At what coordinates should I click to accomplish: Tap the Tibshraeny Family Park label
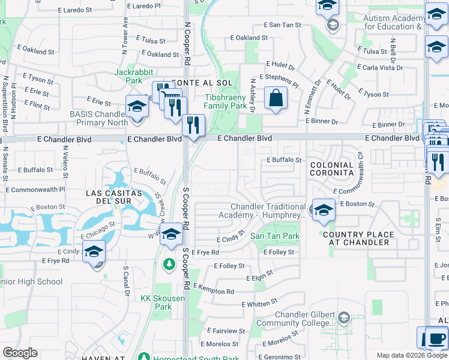(x=225, y=101)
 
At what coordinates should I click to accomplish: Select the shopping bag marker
(x=276, y=99)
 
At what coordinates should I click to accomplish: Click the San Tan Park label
(x=274, y=236)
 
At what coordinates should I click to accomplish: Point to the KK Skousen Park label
(x=155, y=302)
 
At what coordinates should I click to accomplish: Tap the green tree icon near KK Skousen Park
(x=169, y=264)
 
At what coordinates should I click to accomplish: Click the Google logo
(x=20, y=353)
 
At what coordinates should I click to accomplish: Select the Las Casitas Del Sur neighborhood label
(x=113, y=197)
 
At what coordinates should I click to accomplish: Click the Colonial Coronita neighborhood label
(x=331, y=169)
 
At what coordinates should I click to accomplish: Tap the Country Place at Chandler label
(x=359, y=238)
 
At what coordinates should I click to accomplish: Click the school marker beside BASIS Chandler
(x=137, y=108)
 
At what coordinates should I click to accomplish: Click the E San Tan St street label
(x=282, y=25)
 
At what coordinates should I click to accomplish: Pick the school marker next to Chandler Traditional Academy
(x=323, y=210)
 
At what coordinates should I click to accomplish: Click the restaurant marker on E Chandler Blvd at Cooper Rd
(x=193, y=125)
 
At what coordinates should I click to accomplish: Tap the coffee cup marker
(x=436, y=338)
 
